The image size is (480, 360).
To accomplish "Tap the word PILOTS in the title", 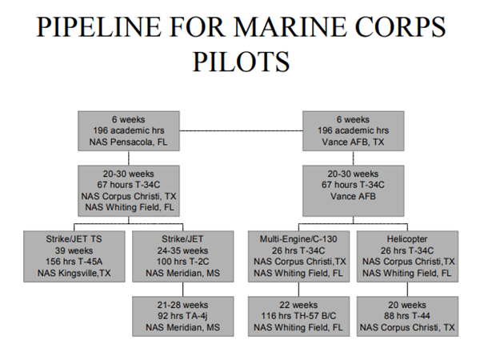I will pos(241,63).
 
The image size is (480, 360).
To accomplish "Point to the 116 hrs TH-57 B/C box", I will pos(298,316).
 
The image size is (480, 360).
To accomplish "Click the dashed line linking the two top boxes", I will pos(240,130).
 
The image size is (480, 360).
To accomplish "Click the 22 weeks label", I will pos(298,305).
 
